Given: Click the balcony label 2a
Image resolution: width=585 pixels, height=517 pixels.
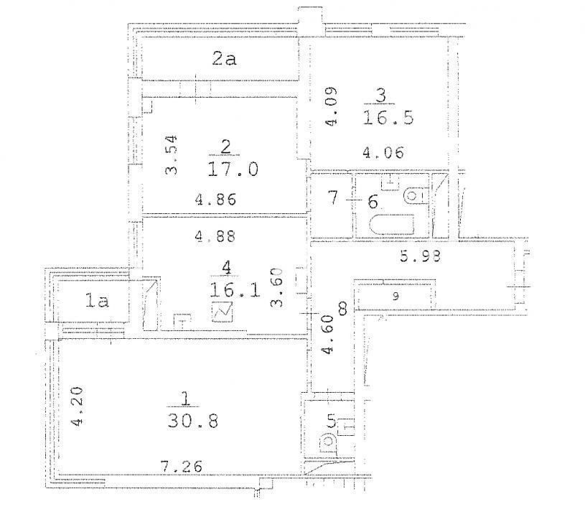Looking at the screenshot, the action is (x=224, y=59).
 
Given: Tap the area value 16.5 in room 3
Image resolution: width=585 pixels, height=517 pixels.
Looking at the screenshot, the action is (x=388, y=118).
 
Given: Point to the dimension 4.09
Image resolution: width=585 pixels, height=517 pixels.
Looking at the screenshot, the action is (x=331, y=106).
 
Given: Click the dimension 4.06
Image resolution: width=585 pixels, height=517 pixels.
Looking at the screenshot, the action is (x=383, y=153).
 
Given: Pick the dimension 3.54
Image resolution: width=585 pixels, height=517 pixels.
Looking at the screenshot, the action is (x=172, y=155).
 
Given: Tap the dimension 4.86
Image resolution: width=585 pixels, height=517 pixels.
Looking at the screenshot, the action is (x=215, y=200).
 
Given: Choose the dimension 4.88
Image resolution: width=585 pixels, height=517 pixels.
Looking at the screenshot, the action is (x=215, y=237).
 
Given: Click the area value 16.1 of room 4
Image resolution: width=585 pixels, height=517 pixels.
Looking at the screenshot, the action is (x=235, y=289).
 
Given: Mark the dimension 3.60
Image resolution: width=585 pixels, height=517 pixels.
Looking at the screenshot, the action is (x=277, y=287).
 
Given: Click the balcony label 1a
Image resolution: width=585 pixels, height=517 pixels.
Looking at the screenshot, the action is (x=97, y=300).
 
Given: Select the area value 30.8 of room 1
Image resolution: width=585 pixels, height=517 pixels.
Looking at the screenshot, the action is (x=193, y=421).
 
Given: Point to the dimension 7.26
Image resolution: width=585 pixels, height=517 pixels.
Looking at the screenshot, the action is (x=182, y=467).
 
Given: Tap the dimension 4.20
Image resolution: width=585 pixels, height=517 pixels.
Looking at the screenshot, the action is (x=78, y=407).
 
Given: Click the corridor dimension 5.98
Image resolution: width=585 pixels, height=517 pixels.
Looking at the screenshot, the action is (x=420, y=256).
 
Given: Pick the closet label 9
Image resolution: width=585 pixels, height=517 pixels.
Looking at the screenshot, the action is (x=396, y=297).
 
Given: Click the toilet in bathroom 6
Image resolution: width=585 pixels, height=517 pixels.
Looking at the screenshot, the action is (x=416, y=195).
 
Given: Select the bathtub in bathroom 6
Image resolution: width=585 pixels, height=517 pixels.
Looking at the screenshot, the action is (x=392, y=225).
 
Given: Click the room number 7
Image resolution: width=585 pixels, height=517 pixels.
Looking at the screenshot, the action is (x=333, y=197).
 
